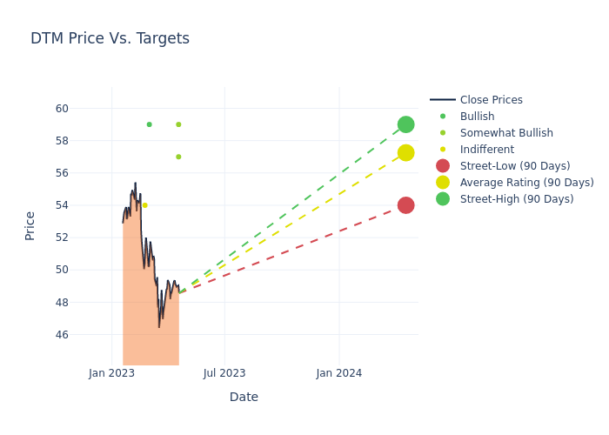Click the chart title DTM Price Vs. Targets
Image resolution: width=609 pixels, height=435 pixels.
(x=110, y=38)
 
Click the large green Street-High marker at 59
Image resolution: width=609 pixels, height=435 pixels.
(x=405, y=124)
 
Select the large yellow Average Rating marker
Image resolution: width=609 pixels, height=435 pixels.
(x=405, y=153)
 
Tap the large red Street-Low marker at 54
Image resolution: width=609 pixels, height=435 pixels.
(x=405, y=205)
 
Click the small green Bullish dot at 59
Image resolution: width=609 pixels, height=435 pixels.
(x=149, y=124)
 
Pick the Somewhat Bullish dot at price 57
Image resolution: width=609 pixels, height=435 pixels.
(x=178, y=157)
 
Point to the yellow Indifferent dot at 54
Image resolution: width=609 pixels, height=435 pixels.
(x=144, y=205)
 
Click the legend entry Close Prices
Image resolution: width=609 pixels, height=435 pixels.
(x=491, y=100)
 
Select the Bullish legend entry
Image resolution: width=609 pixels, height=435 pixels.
(x=477, y=117)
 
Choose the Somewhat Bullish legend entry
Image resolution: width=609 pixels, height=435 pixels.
(x=506, y=133)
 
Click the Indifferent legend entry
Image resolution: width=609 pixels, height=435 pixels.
(x=486, y=150)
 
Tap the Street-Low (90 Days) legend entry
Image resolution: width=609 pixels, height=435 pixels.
(x=514, y=166)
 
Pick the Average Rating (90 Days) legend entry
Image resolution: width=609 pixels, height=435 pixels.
(x=526, y=183)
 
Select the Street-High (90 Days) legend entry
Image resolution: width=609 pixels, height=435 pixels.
(x=517, y=199)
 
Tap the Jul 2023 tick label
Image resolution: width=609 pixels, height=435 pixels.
(x=224, y=373)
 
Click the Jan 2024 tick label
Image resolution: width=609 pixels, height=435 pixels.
(x=338, y=373)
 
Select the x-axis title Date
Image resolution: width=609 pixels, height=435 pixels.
(x=244, y=397)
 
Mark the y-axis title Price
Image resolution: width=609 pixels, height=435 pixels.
(x=30, y=225)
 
